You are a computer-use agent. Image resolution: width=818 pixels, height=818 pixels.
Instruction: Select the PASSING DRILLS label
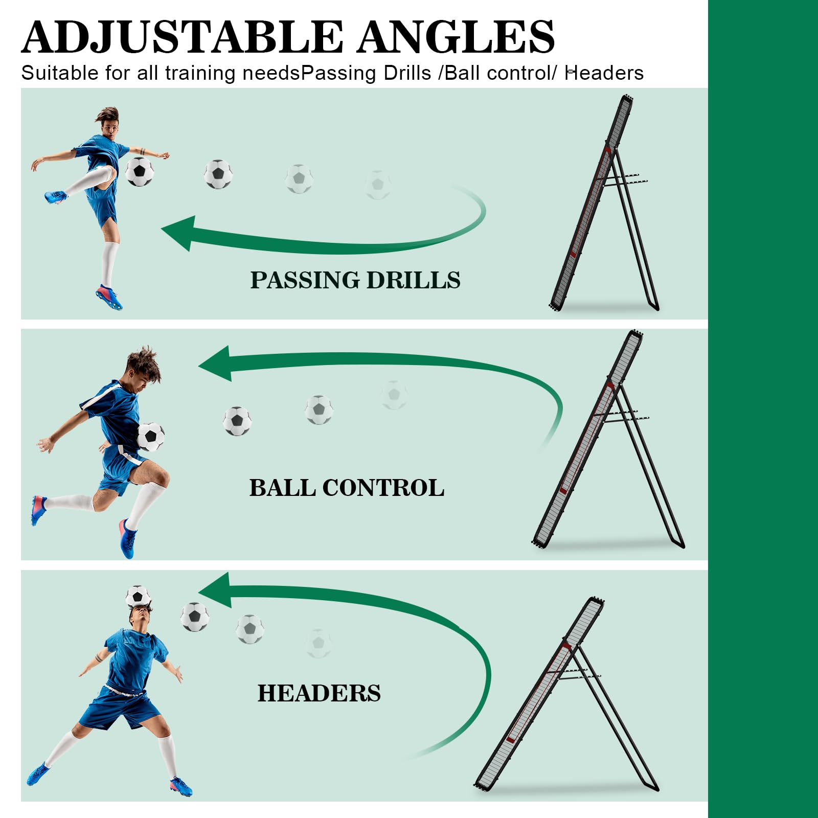click(x=355, y=280)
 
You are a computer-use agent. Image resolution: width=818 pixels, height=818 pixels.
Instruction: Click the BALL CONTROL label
click(x=347, y=488)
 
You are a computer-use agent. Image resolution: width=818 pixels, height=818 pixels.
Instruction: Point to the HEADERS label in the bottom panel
click(x=319, y=693)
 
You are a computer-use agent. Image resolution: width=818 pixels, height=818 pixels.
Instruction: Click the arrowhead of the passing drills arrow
click(x=178, y=233)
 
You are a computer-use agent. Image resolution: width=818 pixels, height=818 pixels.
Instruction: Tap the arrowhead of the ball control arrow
click(x=215, y=364)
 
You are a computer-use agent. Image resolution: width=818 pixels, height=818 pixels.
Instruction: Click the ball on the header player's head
click(x=138, y=596)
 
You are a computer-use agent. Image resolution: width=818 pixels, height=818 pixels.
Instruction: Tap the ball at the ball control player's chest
click(x=151, y=437)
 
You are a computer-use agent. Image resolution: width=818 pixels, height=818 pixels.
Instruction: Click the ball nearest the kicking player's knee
click(x=140, y=171)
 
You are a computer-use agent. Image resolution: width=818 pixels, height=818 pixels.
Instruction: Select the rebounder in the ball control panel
click(x=608, y=440)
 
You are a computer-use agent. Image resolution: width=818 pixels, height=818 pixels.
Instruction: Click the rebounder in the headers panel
click(x=566, y=694)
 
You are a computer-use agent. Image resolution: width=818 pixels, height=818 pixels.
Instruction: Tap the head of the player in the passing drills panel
click(x=109, y=122)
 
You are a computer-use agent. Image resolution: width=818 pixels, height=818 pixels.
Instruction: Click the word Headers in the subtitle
click(x=604, y=73)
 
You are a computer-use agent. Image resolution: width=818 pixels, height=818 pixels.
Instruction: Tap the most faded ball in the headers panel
click(x=319, y=643)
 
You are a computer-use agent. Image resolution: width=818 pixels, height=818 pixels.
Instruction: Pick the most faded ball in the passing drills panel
click(x=378, y=185)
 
